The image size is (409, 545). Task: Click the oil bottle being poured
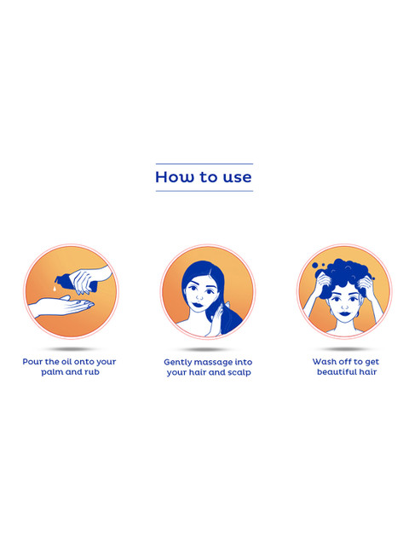76,283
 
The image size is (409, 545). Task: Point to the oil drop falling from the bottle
55,288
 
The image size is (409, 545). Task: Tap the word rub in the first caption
92,372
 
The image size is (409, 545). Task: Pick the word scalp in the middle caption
239,373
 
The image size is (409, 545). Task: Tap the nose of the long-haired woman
199,297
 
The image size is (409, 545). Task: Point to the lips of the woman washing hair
344,313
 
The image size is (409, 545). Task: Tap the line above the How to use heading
204,163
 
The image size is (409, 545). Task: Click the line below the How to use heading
204,191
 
